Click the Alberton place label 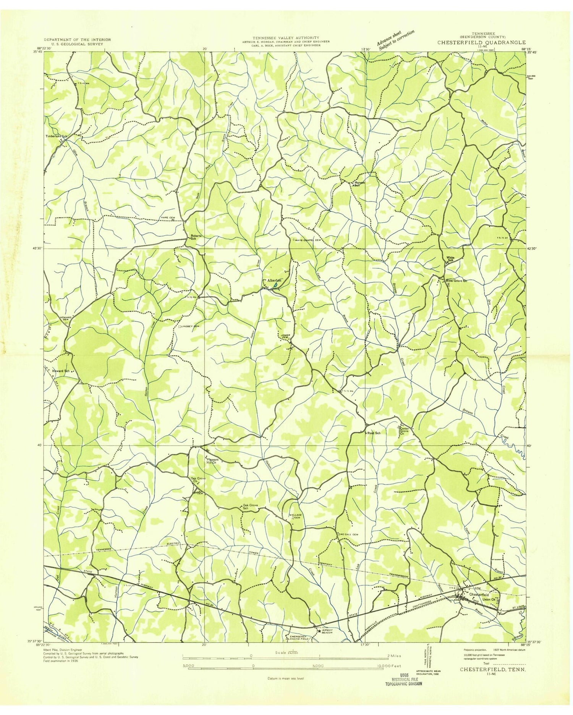pyautogui.click(x=274, y=280)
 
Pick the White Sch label pyautogui.click(x=451, y=258)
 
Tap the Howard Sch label pyautogui.click(x=61, y=371)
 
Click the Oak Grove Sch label pyautogui.click(x=250, y=507)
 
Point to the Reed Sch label pyautogui.click(x=374, y=433)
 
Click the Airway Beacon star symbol pyautogui.click(x=319, y=631)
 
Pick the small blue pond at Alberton pyautogui.click(x=275, y=285)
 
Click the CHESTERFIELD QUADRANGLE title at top pyautogui.click(x=481, y=42)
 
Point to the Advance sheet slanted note pyautogui.click(x=395, y=40)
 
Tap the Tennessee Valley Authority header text pyautogui.click(x=285, y=38)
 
